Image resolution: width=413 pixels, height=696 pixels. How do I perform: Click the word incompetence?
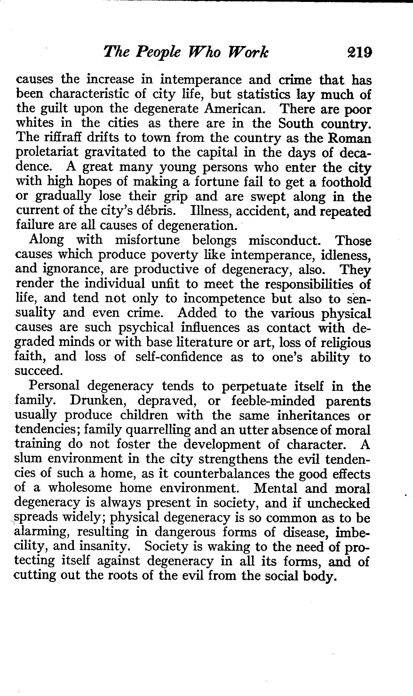coord(225,299)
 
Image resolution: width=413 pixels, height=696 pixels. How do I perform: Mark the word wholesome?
coord(80,488)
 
